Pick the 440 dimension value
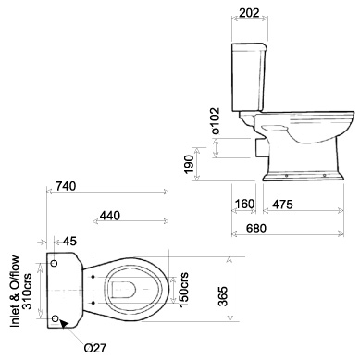110,215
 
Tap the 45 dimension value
69,243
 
